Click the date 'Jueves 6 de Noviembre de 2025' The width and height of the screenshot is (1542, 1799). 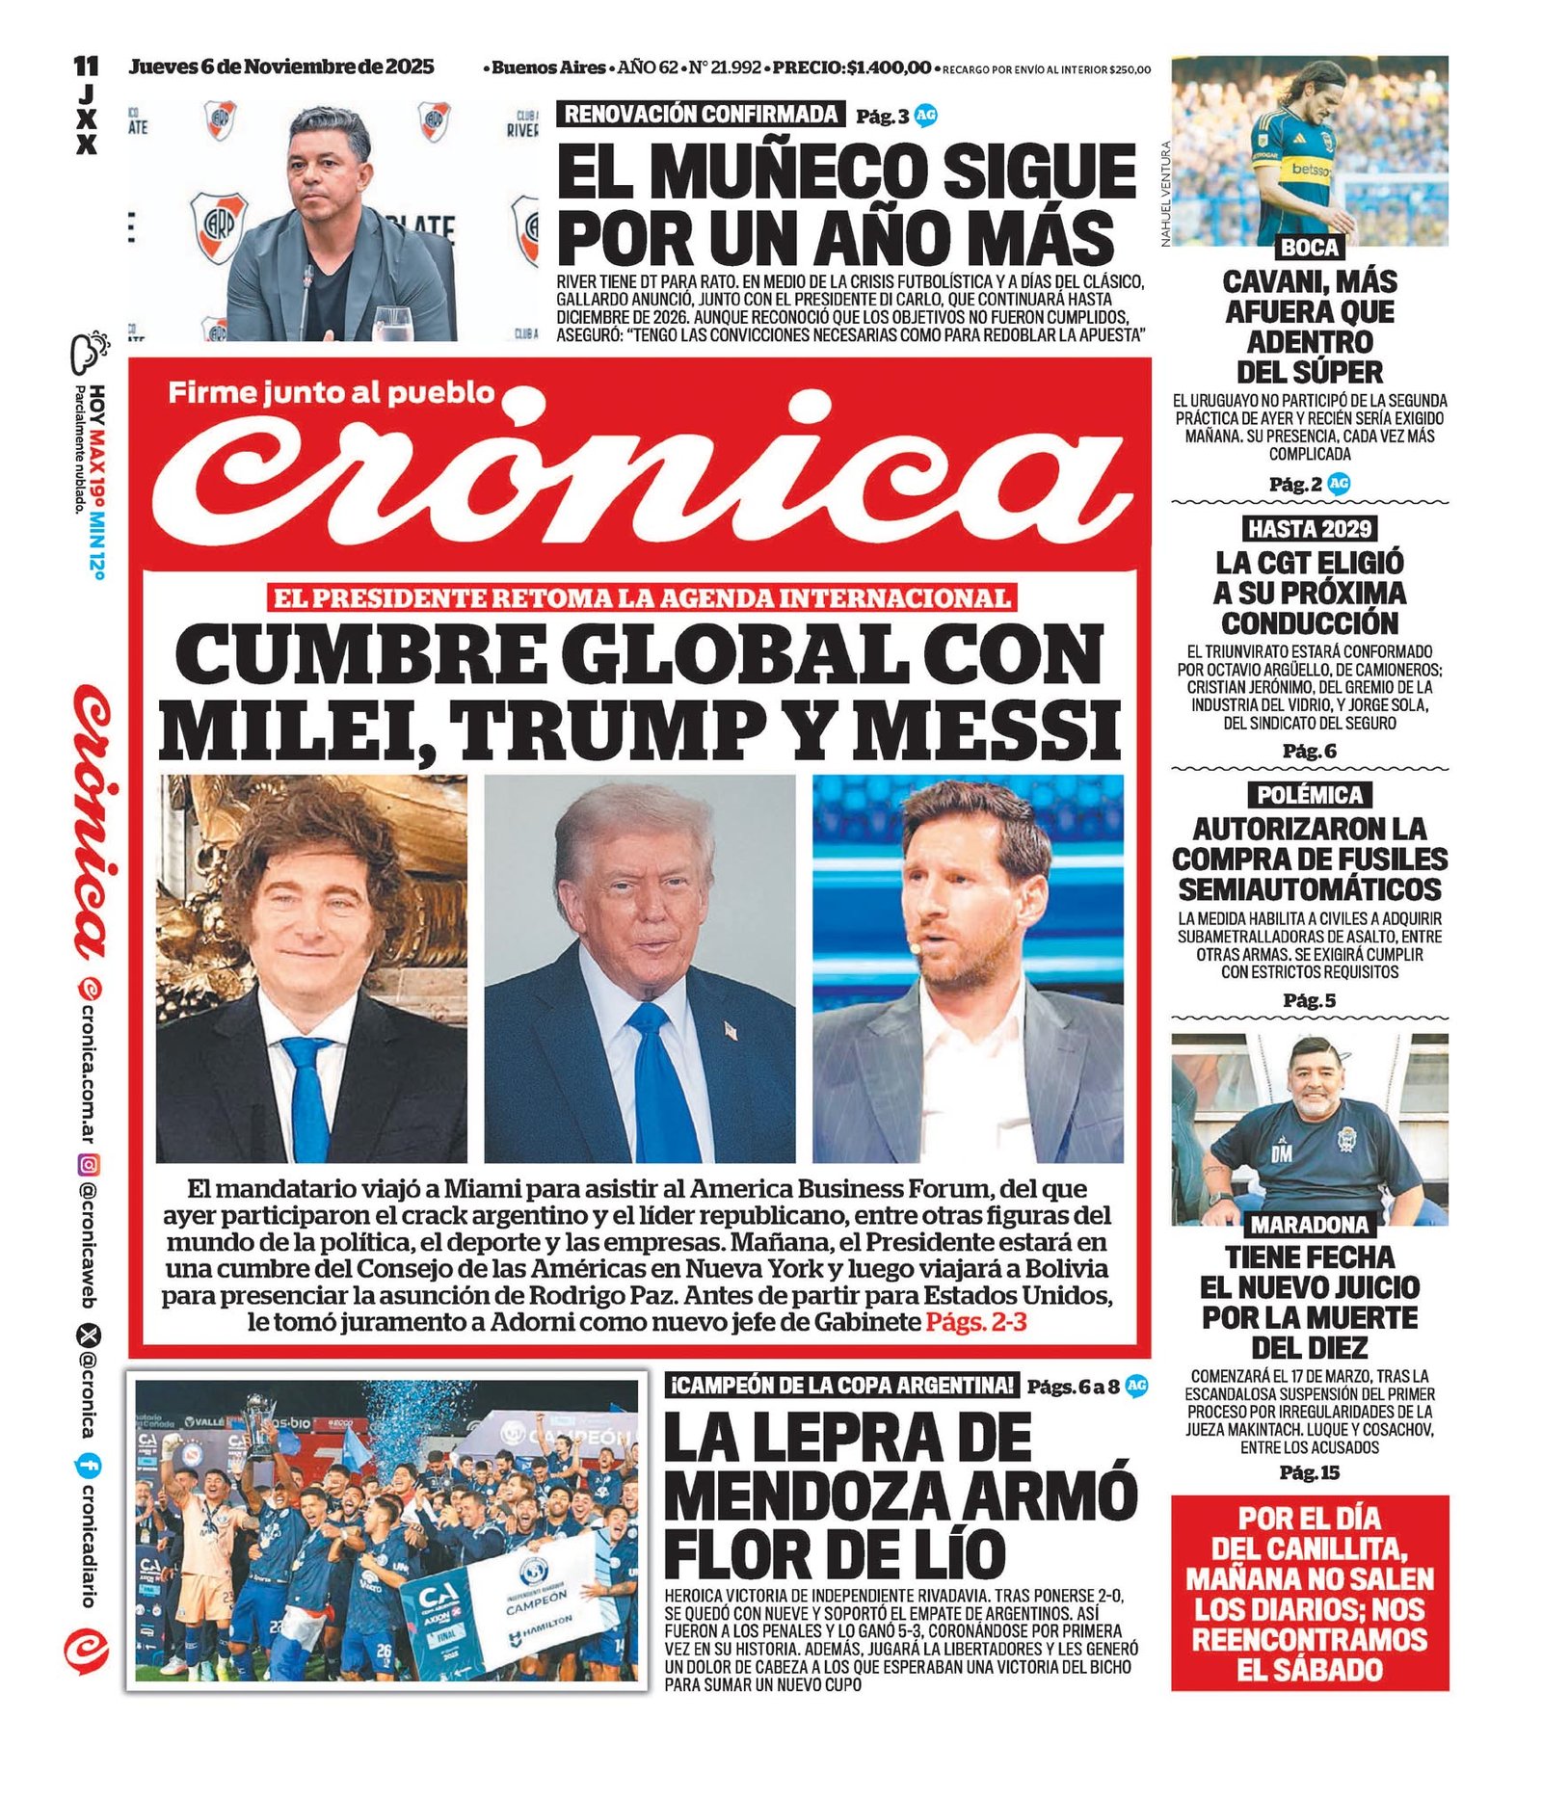pyautogui.click(x=281, y=67)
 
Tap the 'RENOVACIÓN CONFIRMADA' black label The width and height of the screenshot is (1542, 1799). pyautogui.click(x=701, y=115)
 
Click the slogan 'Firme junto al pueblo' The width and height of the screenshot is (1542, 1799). pyautogui.click(x=331, y=392)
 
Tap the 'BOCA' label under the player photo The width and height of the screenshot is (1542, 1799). pyautogui.click(x=1309, y=248)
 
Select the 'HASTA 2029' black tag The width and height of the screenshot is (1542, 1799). pyautogui.click(x=1309, y=528)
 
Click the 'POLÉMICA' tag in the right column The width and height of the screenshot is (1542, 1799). pyautogui.click(x=1310, y=795)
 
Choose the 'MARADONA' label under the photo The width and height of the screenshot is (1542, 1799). pyautogui.click(x=1309, y=1225)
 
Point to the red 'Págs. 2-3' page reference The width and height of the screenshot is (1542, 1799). pyautogui.click(x=976, y=1322)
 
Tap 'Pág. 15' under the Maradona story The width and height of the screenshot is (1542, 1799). pyautogui.click(x=1309, y=1472)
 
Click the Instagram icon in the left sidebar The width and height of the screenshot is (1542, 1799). pyautogui.click(x=89, y=1165)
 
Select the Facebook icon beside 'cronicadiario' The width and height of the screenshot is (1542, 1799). pyautogui.click(x=89, y=1466)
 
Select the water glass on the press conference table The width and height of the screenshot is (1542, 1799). pyautogui.click(x=389, y=323)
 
